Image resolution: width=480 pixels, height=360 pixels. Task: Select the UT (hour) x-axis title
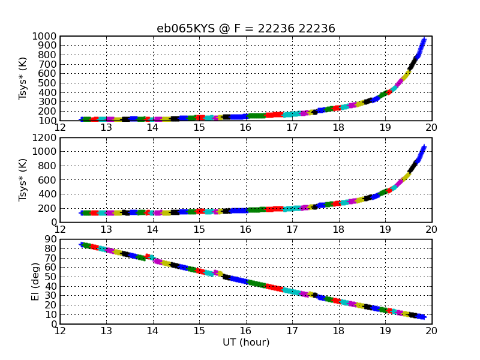click(245, 343)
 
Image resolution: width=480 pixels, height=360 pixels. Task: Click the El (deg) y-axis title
click(36, 282)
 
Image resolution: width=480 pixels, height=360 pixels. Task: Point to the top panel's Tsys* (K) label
click(23, 79)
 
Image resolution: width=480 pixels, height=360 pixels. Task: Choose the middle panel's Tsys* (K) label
click(23, 180)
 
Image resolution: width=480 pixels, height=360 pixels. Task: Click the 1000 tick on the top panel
click(46, 37)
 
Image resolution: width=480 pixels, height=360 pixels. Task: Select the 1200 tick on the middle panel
click(46, 138)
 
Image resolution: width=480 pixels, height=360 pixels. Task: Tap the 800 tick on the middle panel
click(49, 166)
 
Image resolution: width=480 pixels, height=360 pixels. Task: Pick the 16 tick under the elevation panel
click(245, 329)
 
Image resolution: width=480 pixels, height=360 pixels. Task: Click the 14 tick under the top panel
click(152, 126)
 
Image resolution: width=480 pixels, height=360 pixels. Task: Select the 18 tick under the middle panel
click(338, 228)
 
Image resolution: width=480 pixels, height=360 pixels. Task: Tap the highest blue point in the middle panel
click(424, 147)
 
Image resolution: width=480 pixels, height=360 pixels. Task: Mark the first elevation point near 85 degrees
click(82, 244)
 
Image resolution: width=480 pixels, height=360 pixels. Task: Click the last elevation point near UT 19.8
click(423, 317)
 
